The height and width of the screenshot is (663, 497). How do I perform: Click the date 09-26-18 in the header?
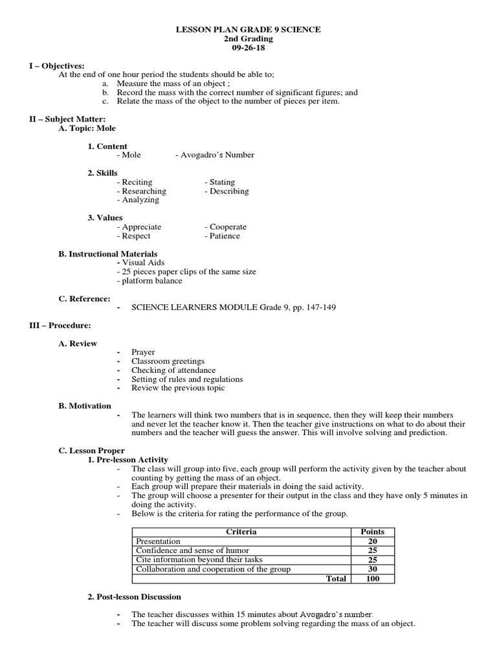pyautogui.click(x=248, y=48)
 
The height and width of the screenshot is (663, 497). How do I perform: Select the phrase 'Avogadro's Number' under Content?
pyautogui.click(x=214, y=155)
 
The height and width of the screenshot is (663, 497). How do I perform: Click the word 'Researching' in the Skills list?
pyautogui.click(x=142, y=191)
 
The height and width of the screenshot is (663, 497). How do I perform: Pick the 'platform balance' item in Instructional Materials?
pyautogui.click(x=149, y=280)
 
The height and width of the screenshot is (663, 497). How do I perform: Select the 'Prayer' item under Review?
pyautogui.click(x=143, y=352)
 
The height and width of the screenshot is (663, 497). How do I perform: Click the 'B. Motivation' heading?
pyautogui.click(x=85, y=405)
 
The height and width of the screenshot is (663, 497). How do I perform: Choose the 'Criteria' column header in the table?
pyautogui.click(x=241, y=532)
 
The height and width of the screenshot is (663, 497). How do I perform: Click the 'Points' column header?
pyautogui.click(x=372, y=532)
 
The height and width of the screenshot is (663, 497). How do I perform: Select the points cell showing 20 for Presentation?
pyautogui.click(x=372, y=541)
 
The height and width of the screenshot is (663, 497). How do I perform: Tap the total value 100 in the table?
pyautogui.click(x=372, y=578)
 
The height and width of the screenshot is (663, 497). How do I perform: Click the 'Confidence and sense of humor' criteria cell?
pyautogui.click(x=192, y=550)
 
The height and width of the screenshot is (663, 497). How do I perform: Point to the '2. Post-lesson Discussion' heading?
pyautogui.click(x=134, y=596)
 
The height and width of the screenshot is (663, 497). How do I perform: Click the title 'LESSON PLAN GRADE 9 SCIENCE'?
pyautogui.click(x=248, y=30)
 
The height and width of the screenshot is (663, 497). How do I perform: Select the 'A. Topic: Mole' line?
pyautogui.click(x=87, y=128)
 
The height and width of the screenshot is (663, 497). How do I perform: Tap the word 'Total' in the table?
pyautogui.click(x=336, y=578)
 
